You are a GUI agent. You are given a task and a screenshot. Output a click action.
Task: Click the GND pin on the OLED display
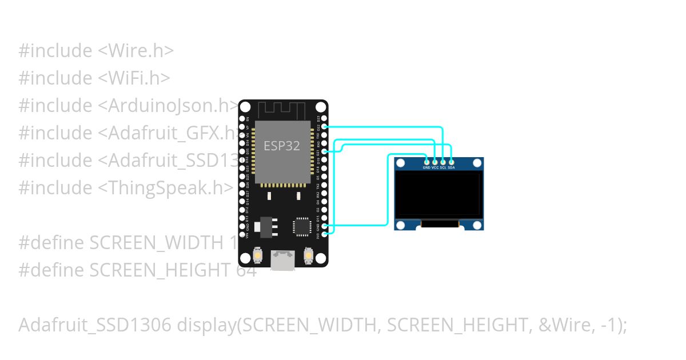point(426,162)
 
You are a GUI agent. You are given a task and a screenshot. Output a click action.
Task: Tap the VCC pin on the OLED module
point(435,162)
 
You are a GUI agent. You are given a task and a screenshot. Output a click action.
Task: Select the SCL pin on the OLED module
point(443,162)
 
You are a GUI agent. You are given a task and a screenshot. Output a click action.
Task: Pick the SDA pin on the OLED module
point(451,162)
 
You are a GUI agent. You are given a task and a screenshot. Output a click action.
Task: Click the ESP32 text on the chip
point(281,146)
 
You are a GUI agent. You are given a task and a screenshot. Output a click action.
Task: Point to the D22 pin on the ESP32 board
point(325,126)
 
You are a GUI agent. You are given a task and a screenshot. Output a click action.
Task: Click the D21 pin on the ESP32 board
point(325,151)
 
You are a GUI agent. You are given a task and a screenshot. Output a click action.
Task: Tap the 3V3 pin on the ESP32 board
point(325,234)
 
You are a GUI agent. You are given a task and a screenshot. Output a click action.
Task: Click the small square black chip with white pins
point(301,226)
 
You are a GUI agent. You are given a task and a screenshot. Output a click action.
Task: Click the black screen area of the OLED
point(438,194)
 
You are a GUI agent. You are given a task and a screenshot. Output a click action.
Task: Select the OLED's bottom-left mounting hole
point(401,225)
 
